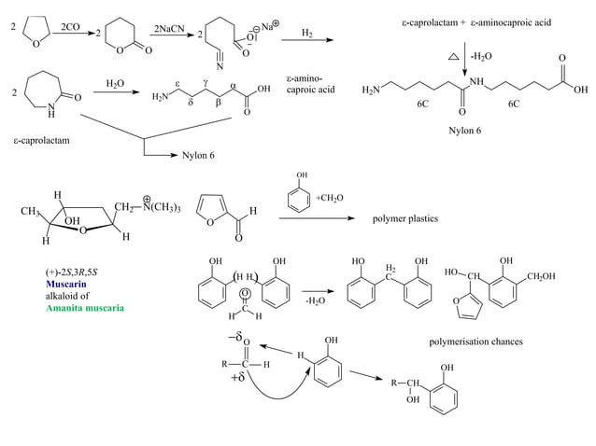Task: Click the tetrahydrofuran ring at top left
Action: coord(42,35)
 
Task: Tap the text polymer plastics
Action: coord(404,218)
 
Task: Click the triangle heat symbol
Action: coord(453,57)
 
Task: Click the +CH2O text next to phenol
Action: coord(330,198)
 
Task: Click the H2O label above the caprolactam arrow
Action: coord(116,83)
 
